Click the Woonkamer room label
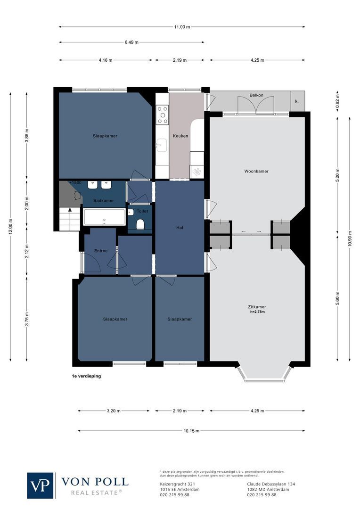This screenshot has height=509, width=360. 256,171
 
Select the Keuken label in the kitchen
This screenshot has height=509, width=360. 180,136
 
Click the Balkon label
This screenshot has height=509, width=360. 256,96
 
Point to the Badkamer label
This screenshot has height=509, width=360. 103,201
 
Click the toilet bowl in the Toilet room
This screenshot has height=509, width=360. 140,224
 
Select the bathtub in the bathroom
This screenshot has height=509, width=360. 104,217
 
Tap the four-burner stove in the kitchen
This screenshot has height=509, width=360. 162,115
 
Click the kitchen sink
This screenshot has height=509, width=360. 162,145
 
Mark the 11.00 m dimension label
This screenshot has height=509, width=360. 182,27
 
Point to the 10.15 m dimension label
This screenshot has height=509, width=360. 191,431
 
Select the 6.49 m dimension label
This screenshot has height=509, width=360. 131,42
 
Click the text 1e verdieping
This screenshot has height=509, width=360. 83,376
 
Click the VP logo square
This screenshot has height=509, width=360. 41,485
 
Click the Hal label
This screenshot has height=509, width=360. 179,228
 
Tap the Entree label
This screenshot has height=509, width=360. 101,251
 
